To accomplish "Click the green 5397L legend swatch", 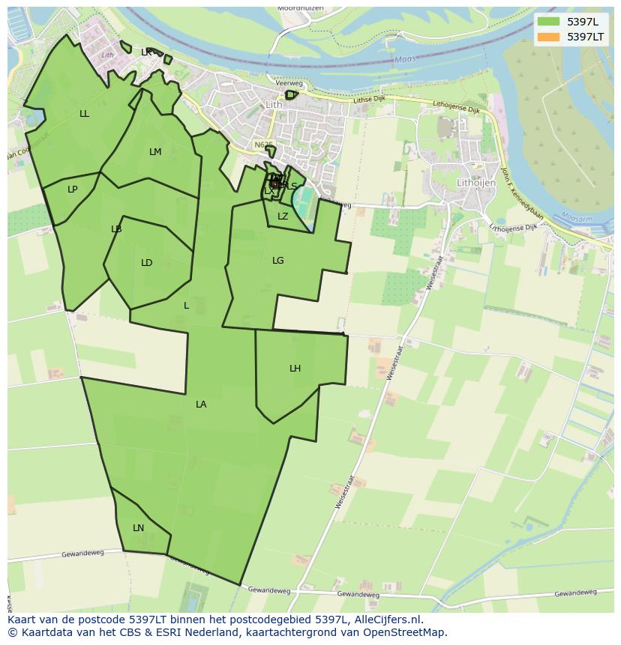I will (549, 21).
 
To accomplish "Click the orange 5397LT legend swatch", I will (549, 37).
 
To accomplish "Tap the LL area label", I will (84, 114).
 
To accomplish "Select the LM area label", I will (155, 152).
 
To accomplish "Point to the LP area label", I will (73, 190).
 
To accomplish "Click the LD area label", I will (147, 263).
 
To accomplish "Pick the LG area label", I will (278, 261).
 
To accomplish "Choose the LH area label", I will (295, 369).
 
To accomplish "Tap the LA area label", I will (201, 405).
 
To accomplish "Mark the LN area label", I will (139, 528).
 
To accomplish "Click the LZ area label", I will (283, 216).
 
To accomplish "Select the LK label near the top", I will (146, 52).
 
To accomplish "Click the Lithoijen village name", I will (478, 182).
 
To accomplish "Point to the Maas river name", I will (404, 61).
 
